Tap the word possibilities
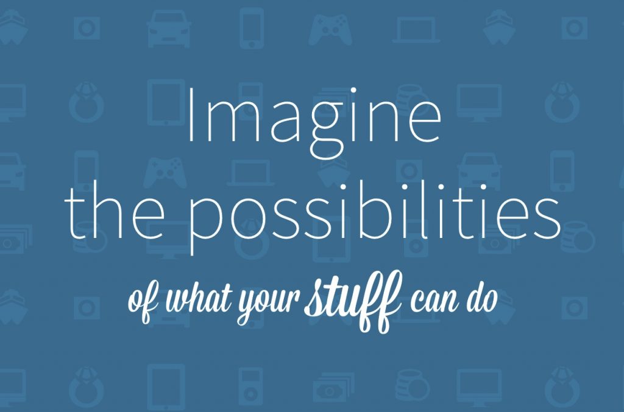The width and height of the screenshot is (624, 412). (x=374, y=217)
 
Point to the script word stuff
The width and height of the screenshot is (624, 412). (x=353, y=299)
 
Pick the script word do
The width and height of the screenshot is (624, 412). (x=483, y=298)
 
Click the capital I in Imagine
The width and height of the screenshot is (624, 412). (x=191, y=115)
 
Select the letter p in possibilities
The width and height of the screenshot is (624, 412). (x=205, y=223)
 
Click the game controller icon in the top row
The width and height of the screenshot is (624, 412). (x=330, y=30)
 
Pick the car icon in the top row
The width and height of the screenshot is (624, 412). (x=169, y=29)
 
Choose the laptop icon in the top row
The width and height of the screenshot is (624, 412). (x=416, y=30)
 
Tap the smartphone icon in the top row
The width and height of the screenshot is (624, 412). (x=252, y=28)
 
